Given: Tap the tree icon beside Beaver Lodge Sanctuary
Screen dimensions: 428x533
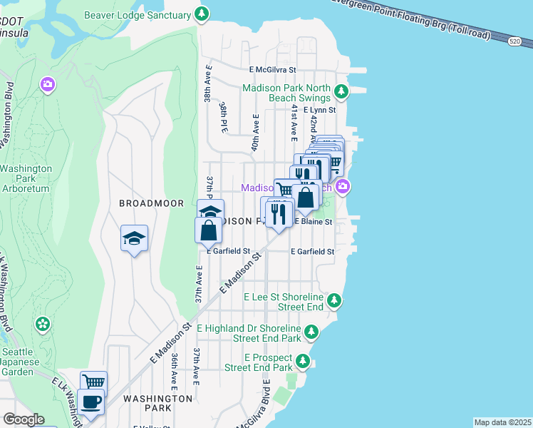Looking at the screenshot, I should (202, 14).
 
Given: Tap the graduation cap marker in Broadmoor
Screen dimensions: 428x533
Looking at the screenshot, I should (133, 238).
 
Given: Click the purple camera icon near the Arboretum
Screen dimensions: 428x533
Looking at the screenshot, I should (48, 86).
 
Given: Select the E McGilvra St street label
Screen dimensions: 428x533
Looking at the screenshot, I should (272, 71).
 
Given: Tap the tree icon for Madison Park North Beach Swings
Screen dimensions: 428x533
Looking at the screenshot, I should (342, 91).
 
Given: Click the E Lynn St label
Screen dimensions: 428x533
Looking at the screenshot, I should (319, 111).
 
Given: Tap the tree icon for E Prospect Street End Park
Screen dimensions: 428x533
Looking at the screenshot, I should (304, 361).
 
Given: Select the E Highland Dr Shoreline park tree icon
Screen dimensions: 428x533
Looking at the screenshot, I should (311, 332).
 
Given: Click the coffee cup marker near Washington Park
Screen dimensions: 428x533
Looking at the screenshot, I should (92, 402).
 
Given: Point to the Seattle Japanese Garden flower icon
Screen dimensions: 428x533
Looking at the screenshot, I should (43, 325).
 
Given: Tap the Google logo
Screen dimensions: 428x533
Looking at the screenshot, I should (24, 419).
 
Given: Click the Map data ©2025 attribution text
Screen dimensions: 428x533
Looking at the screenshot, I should (502, 422).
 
